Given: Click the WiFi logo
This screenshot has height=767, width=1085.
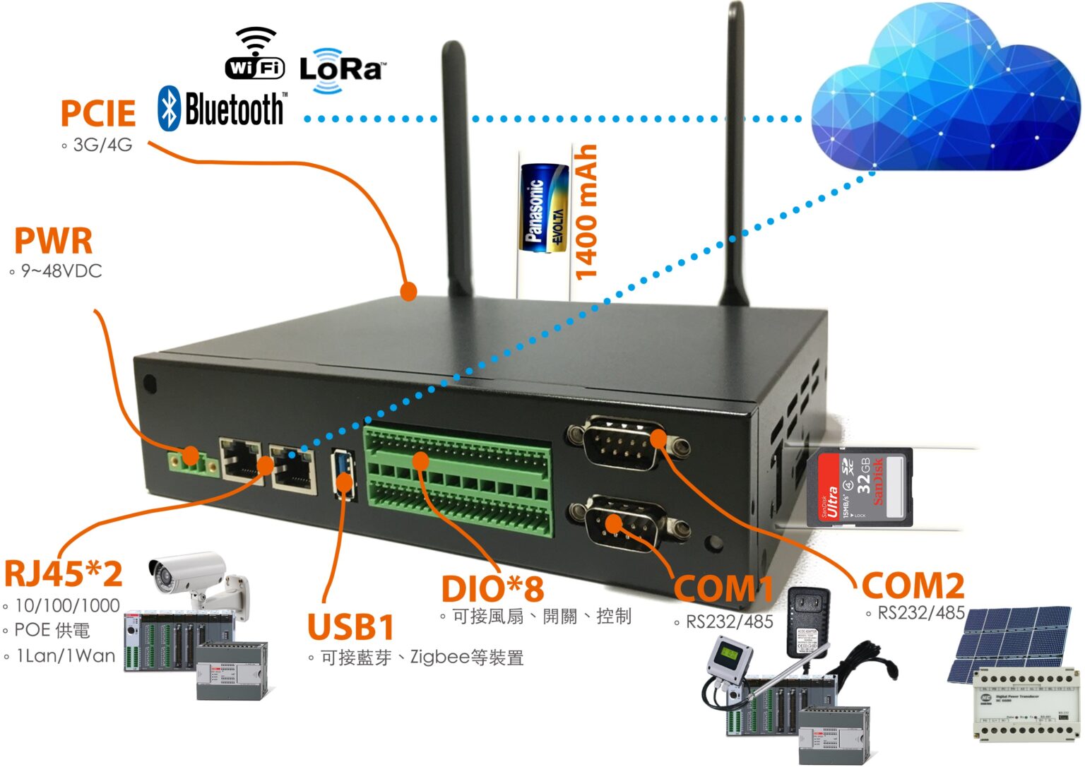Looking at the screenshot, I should pos(255,54).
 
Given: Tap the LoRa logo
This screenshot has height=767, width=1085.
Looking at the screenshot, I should pos(342,70).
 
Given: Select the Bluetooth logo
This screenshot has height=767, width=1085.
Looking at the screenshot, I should pos(223,109).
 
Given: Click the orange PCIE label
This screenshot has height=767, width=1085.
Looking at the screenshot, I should pos(97,113).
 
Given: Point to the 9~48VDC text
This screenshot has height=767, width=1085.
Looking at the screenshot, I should pos(61,270).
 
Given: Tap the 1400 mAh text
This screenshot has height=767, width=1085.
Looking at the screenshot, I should pos(586,212).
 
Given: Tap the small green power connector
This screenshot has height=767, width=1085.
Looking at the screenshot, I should pos(191,461).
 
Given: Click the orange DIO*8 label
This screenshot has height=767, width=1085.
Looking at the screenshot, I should pos(492,588).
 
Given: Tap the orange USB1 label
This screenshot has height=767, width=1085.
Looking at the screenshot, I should pos(350,626).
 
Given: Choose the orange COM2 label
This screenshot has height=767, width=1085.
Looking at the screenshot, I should pos(913,585).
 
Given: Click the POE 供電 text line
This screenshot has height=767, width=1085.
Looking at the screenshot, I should pos(52,630).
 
